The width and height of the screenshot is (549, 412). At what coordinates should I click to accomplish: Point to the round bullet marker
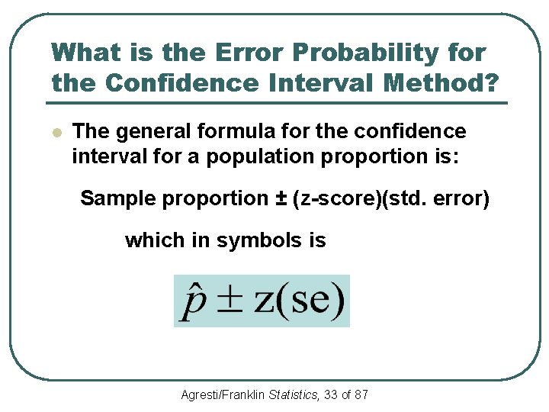(x=56, y=132)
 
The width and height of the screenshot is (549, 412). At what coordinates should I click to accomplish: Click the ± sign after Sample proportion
(x=281, y=198)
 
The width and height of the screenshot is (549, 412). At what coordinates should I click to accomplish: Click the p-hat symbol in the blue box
(x=191, y=301)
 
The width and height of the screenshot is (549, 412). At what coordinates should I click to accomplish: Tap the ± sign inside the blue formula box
(x=230, y=301)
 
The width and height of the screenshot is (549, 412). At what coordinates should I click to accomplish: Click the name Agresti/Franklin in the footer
(x=223, y=394)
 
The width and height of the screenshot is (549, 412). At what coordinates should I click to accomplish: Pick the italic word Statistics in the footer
(x=294, y=394)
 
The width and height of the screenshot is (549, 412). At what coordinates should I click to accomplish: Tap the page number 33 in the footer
(x=331, y=394)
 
